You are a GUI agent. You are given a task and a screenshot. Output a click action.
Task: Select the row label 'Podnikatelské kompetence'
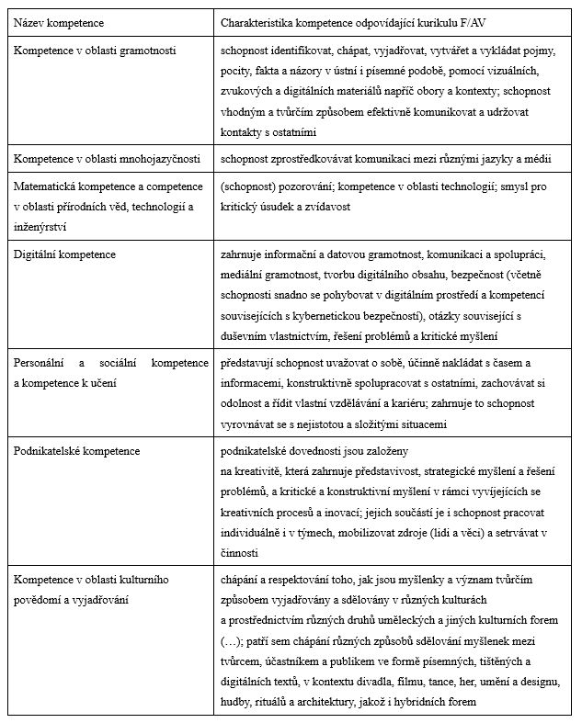77,451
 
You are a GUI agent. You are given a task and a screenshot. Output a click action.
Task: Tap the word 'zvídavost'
327,208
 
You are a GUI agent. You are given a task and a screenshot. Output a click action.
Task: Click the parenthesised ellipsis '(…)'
234,638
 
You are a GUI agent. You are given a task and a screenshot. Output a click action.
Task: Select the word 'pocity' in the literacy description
237,70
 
